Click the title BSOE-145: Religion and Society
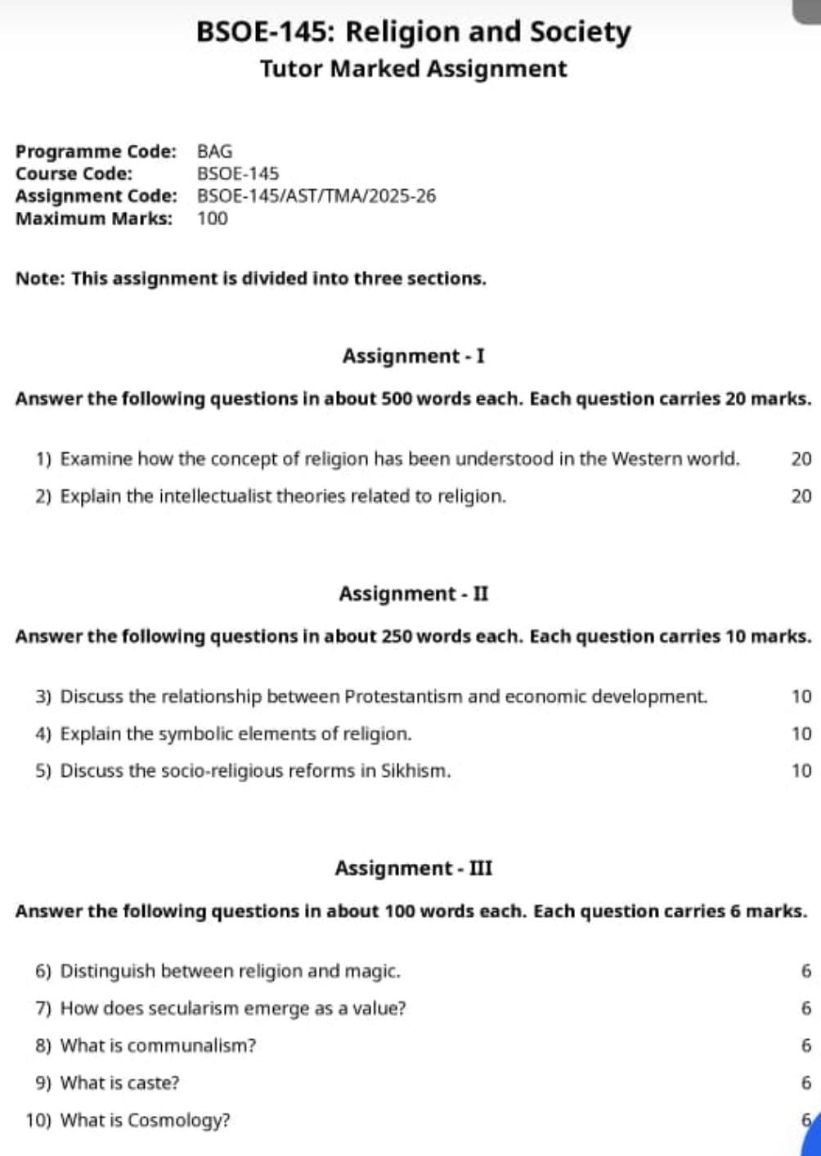pos(413,32)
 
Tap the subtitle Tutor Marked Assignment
pos(413,69)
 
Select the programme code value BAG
pos(214,151)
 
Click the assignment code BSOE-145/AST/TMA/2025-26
pos(316,196)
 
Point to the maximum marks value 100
pos(213,218)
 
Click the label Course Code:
pos(74,173)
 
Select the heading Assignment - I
pos(413,357)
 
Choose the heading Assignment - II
pos(413,594)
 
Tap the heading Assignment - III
pos(413,868)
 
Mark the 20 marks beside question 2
pos(801,497)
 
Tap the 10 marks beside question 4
pos(801,734)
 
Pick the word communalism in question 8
pos(191,1046)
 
